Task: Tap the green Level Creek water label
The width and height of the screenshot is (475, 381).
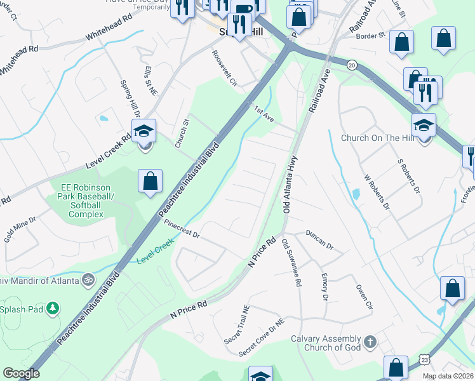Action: coord(156,251)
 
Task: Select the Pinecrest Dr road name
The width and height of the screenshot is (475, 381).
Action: coord(182,230)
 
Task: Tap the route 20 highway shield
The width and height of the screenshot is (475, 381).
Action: coord(351,65)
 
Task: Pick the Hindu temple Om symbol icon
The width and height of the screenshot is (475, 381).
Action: coord(88,279)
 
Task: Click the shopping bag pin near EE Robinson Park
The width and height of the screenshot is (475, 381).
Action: coord(149,181)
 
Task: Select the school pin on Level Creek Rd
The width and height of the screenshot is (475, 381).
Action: coord(144,131)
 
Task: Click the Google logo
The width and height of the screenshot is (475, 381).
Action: coord(21,373)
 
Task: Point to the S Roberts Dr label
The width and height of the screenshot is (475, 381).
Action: coord(408,176)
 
